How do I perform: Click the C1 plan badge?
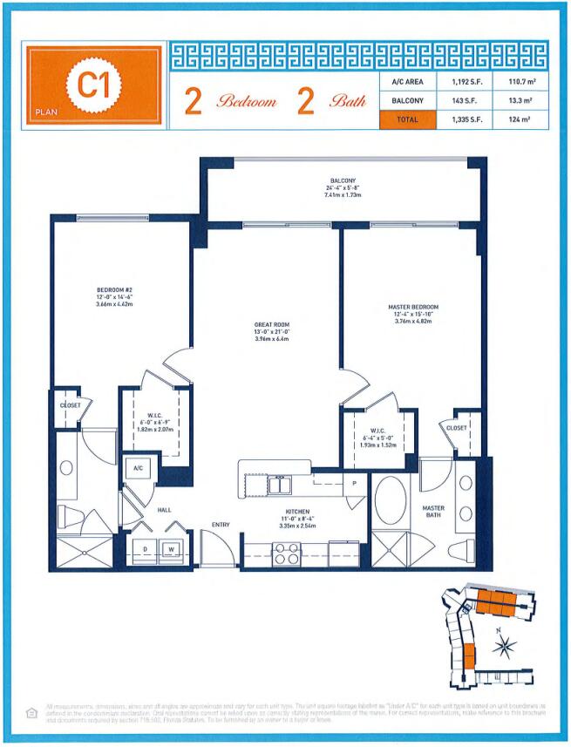pyautogui.click(x=93, y=84)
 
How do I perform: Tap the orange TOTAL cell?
pyautogui.click(x=407, y=120)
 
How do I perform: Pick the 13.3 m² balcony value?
pyautogui.click(x=519, y=101)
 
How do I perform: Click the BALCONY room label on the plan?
pyautogui.click(x=343, y=180)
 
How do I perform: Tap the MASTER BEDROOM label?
pyautogui.click(x=413, y=308)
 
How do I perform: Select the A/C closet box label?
pyautogui.click(x=138, y=468)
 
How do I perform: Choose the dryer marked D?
pyautogui.click(x=144, y=548)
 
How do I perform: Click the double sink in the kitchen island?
pyautogui.click(x=280, y=484)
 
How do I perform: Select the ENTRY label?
pyautogui.click(x=221, y=524)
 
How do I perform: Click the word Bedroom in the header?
pyautogui.click(x=247, y=102)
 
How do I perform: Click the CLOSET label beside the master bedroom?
pyautogui.click(x=456, y=428)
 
